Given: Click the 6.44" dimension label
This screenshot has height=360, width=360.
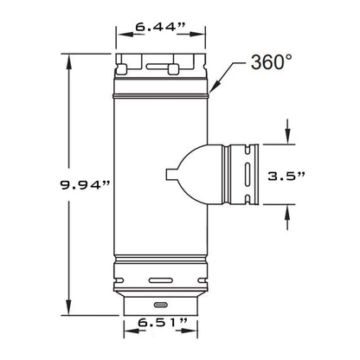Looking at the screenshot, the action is (x=160, y=27).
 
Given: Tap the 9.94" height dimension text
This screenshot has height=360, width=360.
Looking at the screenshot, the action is (x=85, y=184).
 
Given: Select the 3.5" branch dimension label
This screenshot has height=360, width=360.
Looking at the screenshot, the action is (x=286, y=176).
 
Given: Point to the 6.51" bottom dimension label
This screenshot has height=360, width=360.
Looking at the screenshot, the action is (x=163, y=322).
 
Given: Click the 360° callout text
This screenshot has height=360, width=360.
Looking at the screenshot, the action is (x=272, y=62).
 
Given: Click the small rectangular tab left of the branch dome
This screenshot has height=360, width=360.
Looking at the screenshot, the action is (x=171, y=174).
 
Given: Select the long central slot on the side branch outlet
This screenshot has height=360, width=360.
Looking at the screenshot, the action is (x=247, y=174).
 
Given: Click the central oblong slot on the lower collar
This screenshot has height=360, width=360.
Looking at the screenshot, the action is (x=161, y=280).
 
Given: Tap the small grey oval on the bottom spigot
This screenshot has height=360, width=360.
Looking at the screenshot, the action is (x=161, y=305).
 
